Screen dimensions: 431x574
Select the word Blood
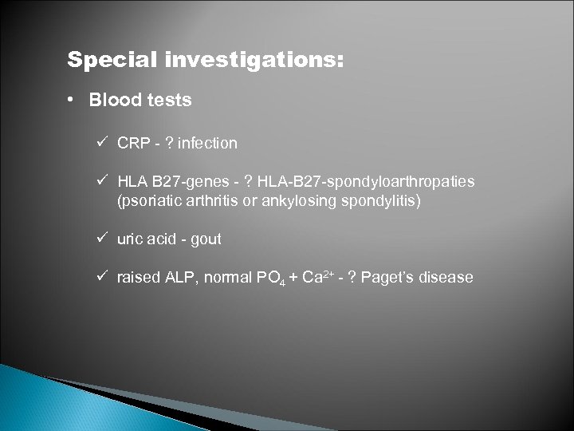[112, 101]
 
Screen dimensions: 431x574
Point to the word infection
[207, 144]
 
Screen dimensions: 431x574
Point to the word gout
[206, 239]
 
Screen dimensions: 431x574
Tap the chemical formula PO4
[263, 279]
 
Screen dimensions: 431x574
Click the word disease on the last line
[447, 278]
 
